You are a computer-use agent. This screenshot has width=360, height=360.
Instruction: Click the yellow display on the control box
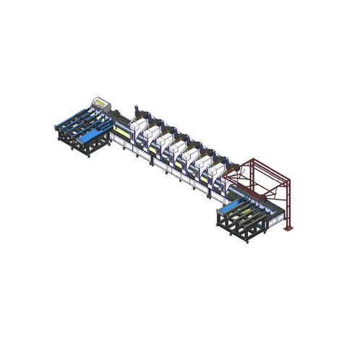point(98,100)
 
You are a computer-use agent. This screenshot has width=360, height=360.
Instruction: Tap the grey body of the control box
point(102,106)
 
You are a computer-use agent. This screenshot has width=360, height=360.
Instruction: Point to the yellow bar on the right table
point(253,211)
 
